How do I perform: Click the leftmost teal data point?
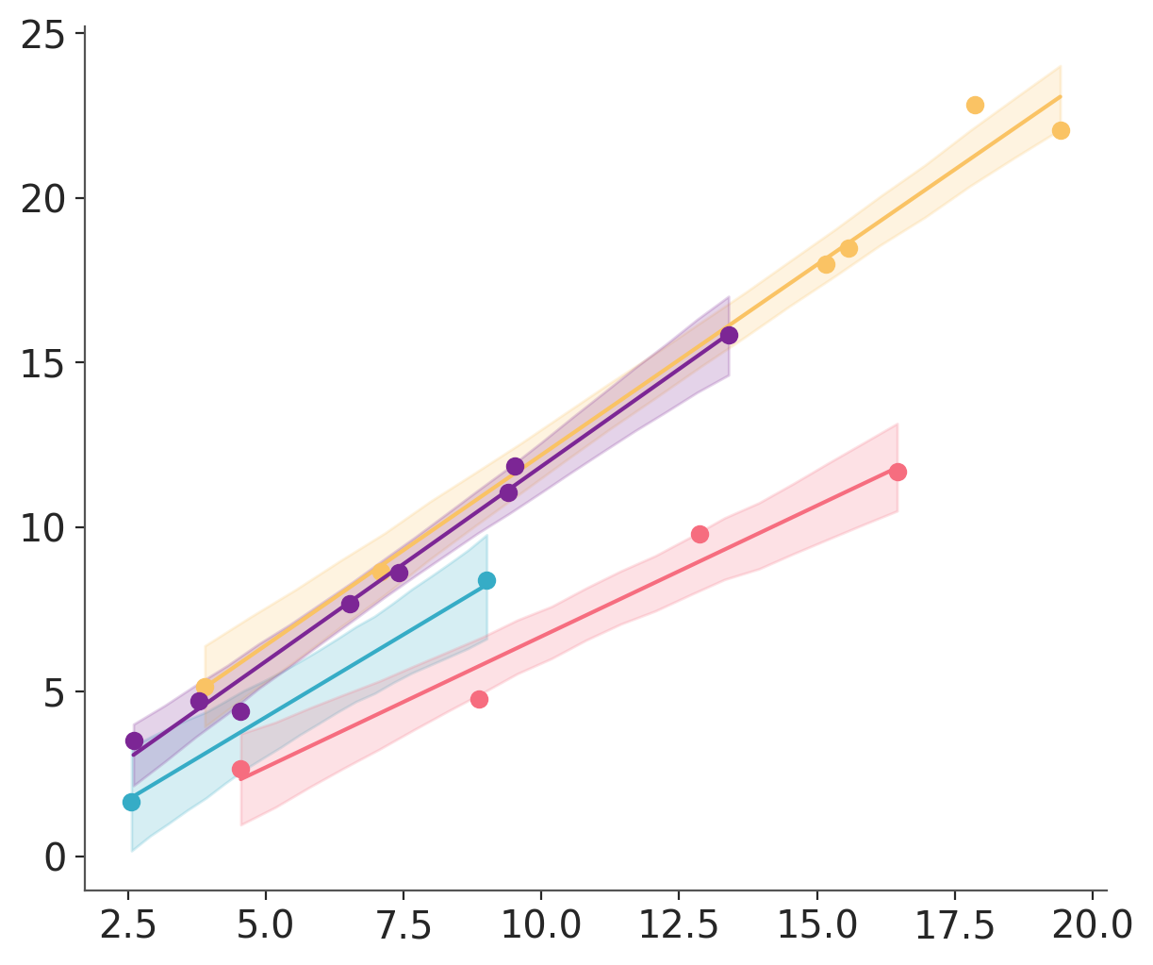[131, 802]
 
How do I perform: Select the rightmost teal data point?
[486, 580]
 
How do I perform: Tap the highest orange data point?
[975, 105]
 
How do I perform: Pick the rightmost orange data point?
[1061, 130]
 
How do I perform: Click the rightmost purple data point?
[729, 335]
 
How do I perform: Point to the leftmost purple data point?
[134, 740]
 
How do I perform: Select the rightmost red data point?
[898, 472]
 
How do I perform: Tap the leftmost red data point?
[240, 769]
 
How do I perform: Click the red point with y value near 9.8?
[700, 534]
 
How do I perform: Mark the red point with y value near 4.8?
[479, 699]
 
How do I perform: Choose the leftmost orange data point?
[205, 687]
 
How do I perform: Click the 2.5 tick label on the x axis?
[128, 925]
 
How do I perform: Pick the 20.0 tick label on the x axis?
[1092, 925]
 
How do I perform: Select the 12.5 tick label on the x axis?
[679, 925]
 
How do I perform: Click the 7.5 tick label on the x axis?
[404, 925]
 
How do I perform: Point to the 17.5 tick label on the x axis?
[954, 925]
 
